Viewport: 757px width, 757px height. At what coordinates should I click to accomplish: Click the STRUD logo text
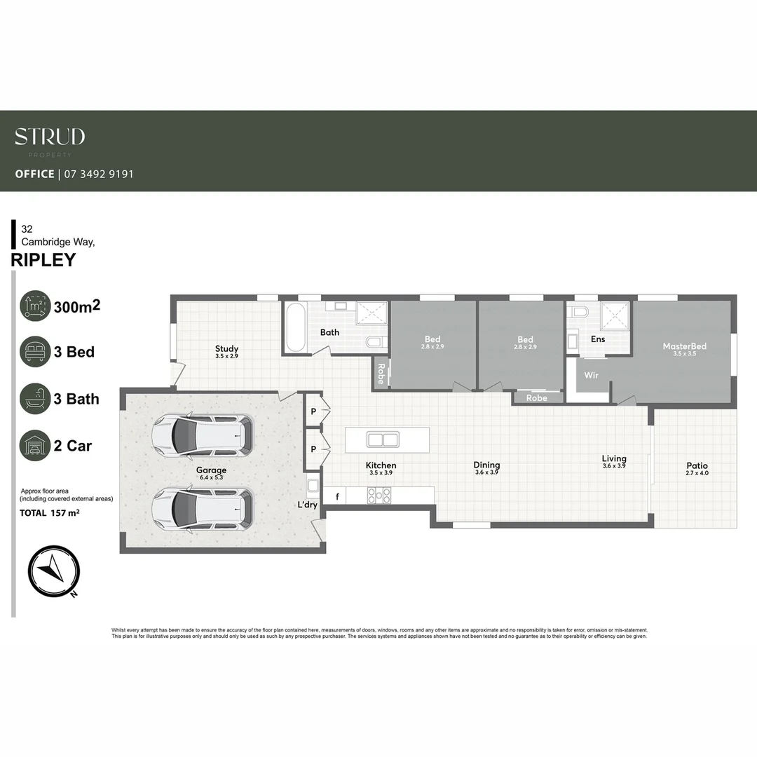tap(50, 137)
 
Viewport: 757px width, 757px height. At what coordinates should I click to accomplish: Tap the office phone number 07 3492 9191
tap(99, 174)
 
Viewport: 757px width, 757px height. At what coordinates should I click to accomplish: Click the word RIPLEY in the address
tap(43, 260)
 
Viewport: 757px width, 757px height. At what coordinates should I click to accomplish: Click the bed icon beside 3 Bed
tap(35, 352)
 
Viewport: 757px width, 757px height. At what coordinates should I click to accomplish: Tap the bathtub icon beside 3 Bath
tap(35, 399)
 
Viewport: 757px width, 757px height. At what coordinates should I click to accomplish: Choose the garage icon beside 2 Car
tap(35, 446)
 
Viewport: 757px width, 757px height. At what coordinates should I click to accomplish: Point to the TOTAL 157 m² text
tap(49, 513)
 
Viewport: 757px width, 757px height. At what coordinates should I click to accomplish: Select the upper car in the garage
tap(203, 435)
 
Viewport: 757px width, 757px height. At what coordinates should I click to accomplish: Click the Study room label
tap(226, 349)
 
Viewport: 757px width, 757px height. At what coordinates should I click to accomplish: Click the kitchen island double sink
tap(383, 440)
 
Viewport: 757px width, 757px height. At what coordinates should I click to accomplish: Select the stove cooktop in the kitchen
tap(379, 496)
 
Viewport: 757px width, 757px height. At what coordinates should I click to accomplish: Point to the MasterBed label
tap(684, 346)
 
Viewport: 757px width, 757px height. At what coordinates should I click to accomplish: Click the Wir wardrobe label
tap(592, 375)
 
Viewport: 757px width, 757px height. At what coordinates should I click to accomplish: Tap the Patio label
tap(697, 465)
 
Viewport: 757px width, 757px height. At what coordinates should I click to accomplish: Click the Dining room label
tap(486, 465)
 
